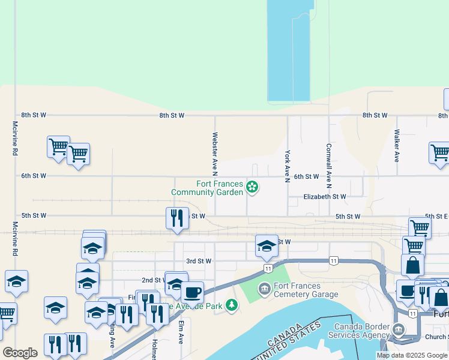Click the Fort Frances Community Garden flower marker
point(253,188)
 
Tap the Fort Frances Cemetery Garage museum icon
point(264,290)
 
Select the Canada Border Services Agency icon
point(398,329)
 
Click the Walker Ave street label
point(396,146)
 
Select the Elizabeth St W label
point(325,197)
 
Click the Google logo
point(20,353)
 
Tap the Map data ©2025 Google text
point(412,355)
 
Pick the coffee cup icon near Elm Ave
point(192,292)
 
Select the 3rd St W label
point(199,261)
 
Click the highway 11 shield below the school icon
point(268,268)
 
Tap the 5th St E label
point(436,216)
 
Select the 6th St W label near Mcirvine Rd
point(34,176)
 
